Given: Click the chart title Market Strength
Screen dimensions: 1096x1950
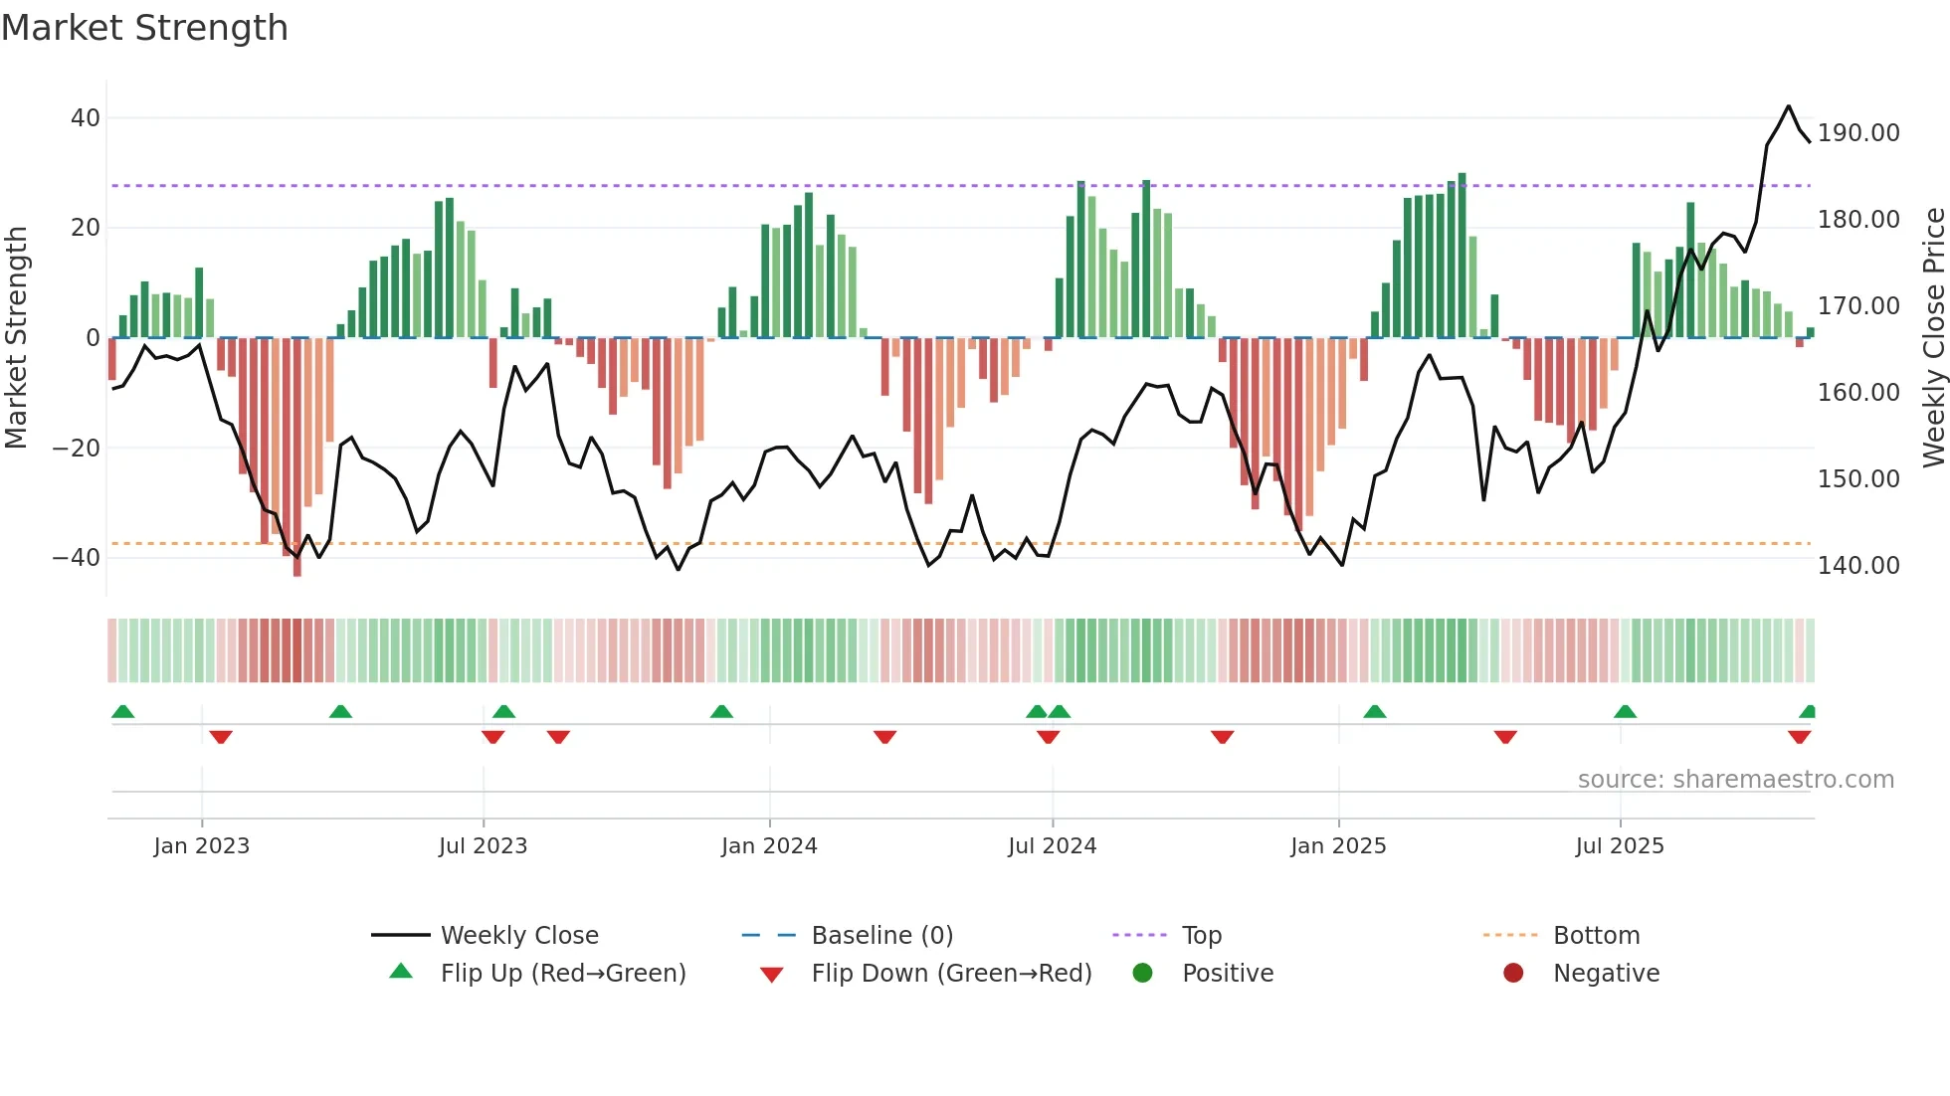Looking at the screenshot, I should point(144,28).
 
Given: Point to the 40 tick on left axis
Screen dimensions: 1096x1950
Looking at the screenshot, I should point(86,118).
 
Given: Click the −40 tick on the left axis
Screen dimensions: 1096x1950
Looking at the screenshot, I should point(77,558).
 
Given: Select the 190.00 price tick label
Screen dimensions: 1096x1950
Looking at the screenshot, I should point(1857,133).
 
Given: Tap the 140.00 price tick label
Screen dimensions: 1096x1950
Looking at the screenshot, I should point(1857,566).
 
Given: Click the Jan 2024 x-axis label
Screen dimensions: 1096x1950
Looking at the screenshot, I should point(769,846).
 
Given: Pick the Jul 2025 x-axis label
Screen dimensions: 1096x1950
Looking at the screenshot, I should point(1619,846).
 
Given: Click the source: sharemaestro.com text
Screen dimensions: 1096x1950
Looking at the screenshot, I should point(1735,780).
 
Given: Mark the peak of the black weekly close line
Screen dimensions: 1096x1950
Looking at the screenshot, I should point(1788,106).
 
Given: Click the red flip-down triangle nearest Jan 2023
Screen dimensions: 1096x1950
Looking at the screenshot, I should point(221,737).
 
